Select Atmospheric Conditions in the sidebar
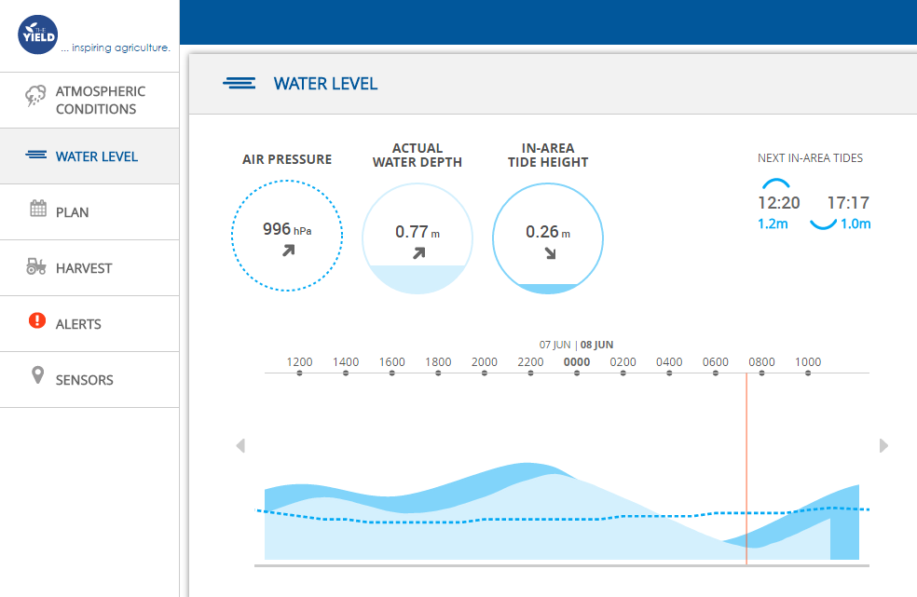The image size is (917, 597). (100, 100)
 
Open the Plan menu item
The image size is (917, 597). (72, 212)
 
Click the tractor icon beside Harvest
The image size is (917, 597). (36, 267)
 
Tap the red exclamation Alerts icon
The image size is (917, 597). (37, 321)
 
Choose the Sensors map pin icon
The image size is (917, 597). (37, 376)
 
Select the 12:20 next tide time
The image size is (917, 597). (778, 203)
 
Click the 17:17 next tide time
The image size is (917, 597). (848, 203)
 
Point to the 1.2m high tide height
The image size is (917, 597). (772, 224)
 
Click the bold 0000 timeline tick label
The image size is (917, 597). (577, 362)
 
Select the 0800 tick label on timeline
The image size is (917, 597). (761, 362)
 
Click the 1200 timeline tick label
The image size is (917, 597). (299, 362)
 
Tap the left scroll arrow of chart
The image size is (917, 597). (240, 446)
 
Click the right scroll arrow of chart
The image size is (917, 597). (883, 446)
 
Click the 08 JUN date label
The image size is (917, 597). (596, 345)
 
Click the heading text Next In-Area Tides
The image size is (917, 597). (810, 158)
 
